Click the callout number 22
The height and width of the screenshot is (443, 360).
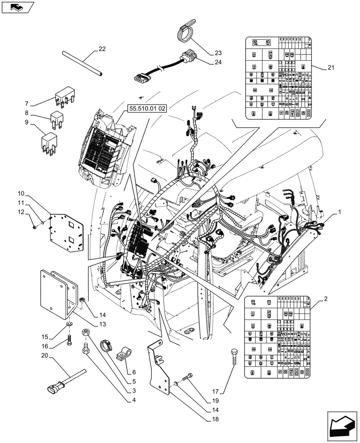tap(102, 49)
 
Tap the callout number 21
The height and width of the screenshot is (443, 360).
tap(331, 67)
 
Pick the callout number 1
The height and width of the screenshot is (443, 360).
tap(340, 213)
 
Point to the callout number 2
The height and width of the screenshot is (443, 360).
tap(326, 300)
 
